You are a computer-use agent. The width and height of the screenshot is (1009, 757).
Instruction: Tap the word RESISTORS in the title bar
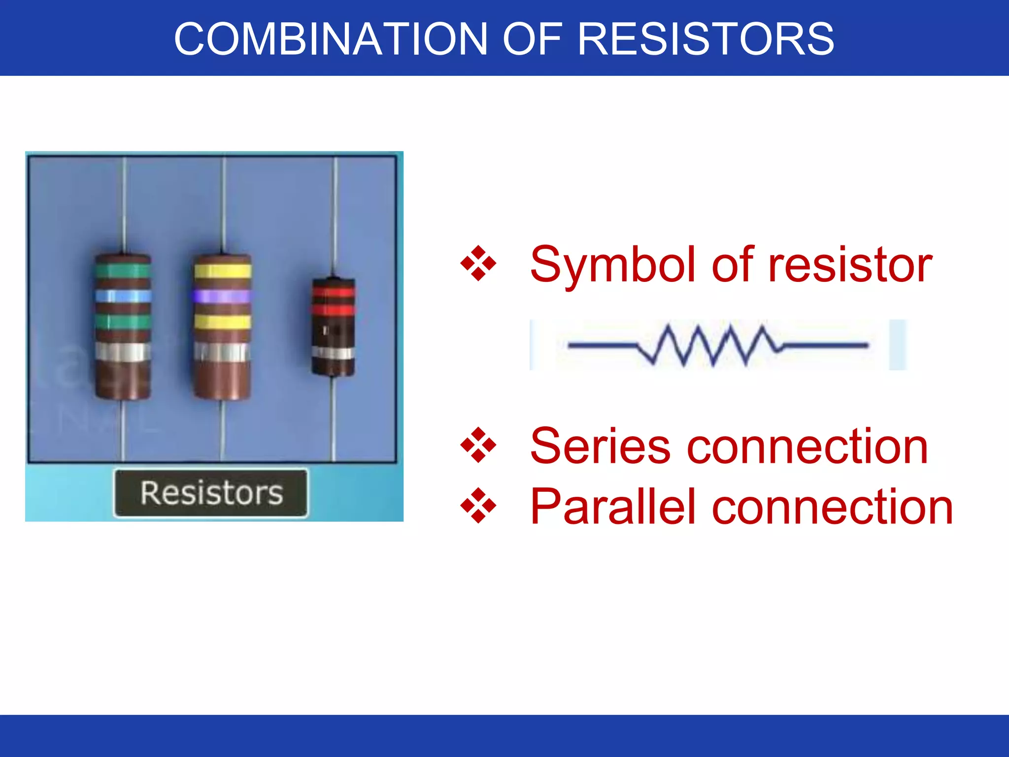click(x=706, y=39)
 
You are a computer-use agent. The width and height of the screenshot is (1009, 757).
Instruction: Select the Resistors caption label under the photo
click(x=211, y=493)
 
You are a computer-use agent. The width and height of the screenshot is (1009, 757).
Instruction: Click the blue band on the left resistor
click(x=123, y=296)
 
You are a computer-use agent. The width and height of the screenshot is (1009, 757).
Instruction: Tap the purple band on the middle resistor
click(x=222, y=296)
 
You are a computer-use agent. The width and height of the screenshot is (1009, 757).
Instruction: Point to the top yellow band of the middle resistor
click(x=222, y=271)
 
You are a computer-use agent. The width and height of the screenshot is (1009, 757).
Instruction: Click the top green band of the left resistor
click(x=123, y=271)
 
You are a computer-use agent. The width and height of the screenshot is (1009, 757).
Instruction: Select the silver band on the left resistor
click(x=123, y=352)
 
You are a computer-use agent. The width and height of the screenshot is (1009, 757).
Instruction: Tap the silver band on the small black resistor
click(x=334, y=353)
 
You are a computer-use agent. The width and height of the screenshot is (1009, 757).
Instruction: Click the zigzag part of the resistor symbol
click(x=709, y=345)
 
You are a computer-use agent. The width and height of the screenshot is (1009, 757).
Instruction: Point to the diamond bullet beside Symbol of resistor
click(x=478, y=264)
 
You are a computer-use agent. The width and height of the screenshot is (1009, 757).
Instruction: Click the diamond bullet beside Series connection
click(x=478, y=445)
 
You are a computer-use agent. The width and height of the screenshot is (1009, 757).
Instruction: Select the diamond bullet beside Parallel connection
click(x=478, y=505)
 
